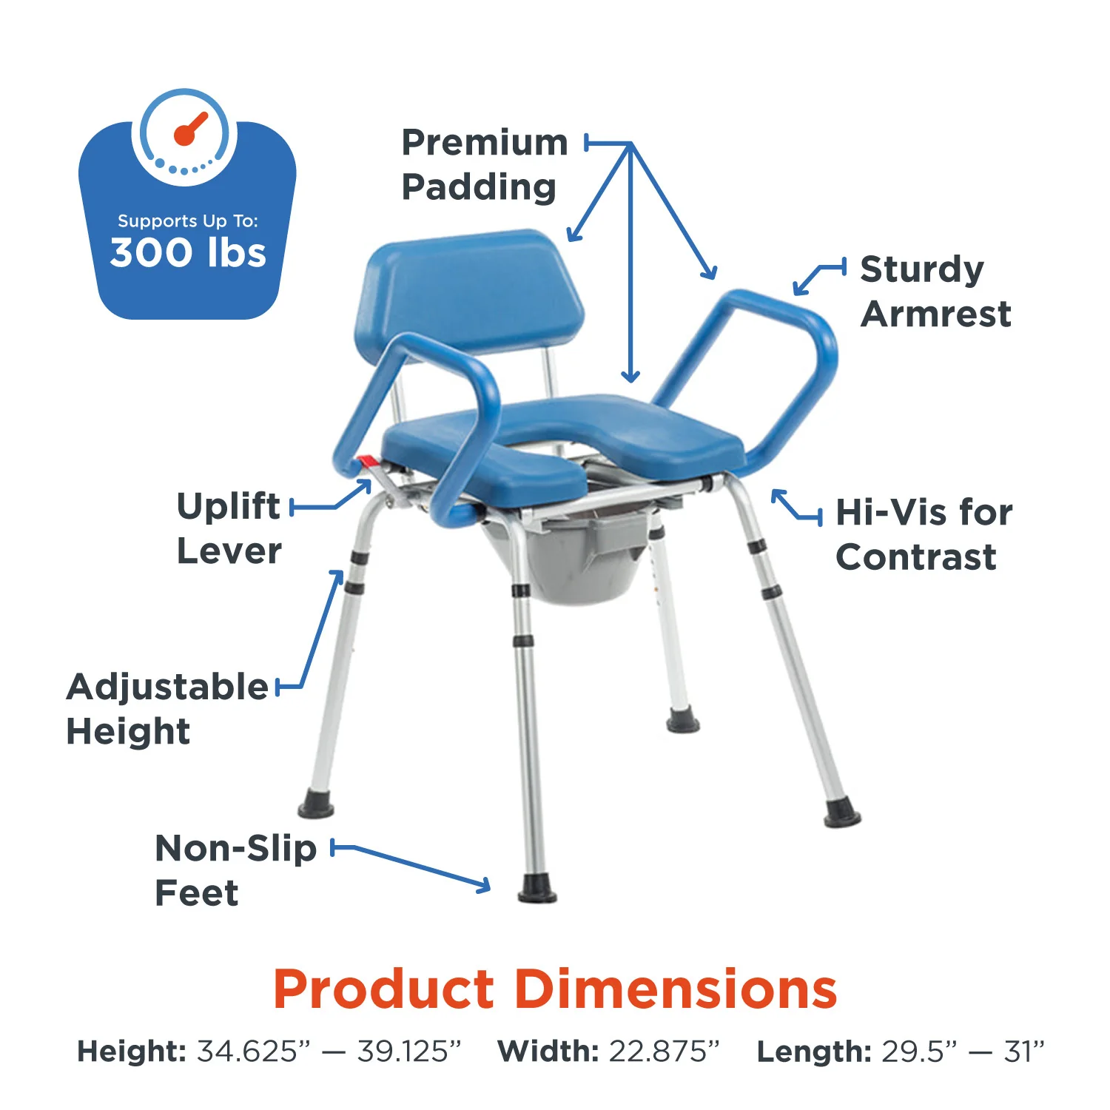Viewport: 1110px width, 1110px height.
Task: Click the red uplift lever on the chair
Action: (x=368, y=462)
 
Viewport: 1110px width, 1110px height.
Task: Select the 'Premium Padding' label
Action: (x=483, y=165)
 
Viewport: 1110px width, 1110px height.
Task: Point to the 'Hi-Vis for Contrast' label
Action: (x=923, y=534)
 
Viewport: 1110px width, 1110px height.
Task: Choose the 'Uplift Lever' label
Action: (x=229, y=528)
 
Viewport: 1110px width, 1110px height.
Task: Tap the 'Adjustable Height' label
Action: (x=166, y=708)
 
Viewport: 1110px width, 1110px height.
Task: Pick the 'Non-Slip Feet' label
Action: (x=235, y=870)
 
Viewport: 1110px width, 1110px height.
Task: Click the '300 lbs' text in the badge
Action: (x=188, y=252)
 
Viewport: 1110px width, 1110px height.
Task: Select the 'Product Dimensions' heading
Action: (x=555, y=989)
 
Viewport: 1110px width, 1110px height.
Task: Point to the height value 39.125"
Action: (x=409, y=1051)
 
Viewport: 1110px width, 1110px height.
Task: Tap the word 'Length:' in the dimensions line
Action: (x=813, y=1051)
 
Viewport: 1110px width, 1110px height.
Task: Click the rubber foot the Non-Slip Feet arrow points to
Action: (x=537, y=888)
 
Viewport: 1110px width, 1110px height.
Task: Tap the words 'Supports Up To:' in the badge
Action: (x=188, y=221)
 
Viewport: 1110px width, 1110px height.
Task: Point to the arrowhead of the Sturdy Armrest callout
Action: (x=798, y=289)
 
